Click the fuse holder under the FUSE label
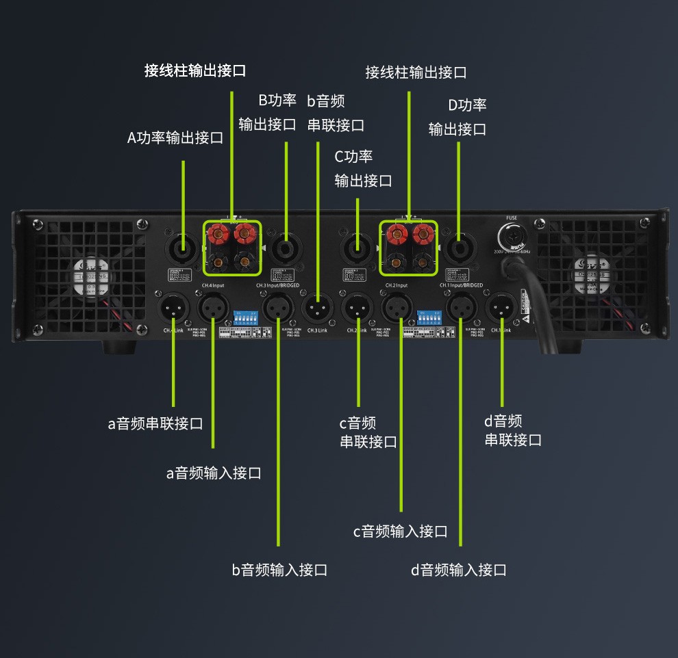(512, 237)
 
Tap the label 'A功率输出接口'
(175, 137)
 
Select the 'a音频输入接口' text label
(214, 473)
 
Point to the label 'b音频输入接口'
(279, 570)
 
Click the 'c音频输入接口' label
(400, 531)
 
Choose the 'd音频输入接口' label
(459, 570)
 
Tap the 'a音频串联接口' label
(155, 423)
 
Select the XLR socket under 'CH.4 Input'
(213, 308)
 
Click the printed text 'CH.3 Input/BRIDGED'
(278, 285)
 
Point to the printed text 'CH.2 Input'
(397, 285)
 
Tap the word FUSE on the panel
(512, 218)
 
